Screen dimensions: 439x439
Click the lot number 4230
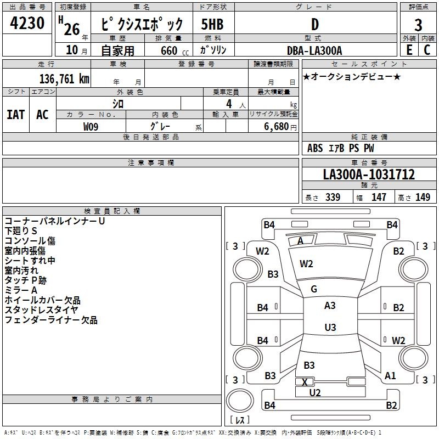[x=27, y=23]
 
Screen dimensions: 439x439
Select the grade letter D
[x=315, y=24]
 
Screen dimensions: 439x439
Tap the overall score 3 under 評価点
[x=418, y=25]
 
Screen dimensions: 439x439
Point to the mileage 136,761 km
[x=64, y=79]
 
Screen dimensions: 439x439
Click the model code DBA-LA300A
[x=314, y=50]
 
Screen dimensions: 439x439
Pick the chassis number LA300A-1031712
[x=369, y=175]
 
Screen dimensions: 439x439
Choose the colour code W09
[x=91, y=127]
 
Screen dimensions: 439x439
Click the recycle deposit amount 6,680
[x=277, y=127]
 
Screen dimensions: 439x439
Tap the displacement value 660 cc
[x=175, y=51]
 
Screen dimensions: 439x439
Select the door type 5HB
[x=212, y=24]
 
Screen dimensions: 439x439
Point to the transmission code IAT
[x=16, y=115]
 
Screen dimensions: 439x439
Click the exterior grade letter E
[x=409, y=50]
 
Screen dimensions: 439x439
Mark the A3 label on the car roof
[x=330, y=306]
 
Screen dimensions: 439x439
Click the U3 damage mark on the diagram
[x=330, y=327]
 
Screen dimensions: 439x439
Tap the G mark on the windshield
[x=314, y=289]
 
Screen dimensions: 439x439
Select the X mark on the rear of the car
[x=305, y=382]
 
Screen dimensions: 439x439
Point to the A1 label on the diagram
[x=390, y=376]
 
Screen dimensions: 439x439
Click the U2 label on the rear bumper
[x=314, y=393]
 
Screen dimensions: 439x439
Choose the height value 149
[x=423, y=197]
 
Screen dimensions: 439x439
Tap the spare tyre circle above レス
[x=240, y=401]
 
